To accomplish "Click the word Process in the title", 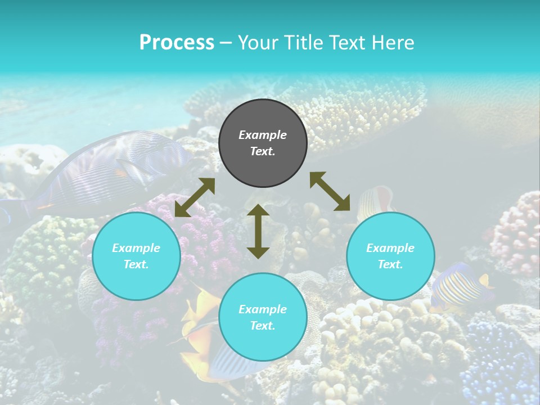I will point(177,43).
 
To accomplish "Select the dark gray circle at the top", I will point(263,143).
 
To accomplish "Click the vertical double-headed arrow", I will point(258,231).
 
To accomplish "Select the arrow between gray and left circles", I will point(195,197).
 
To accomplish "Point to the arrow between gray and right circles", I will point(330,191).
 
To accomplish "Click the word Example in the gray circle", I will point(263,135).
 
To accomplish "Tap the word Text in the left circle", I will point(136,264).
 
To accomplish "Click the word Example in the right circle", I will point(390,248).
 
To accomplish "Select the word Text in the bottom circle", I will point(263,326).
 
